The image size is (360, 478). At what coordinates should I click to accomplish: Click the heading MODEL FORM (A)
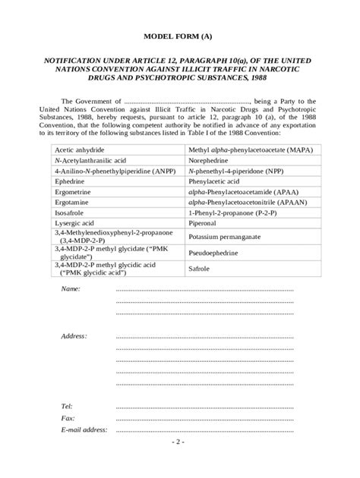click(180, 36)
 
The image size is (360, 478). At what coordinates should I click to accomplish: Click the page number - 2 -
click(179, 442)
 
